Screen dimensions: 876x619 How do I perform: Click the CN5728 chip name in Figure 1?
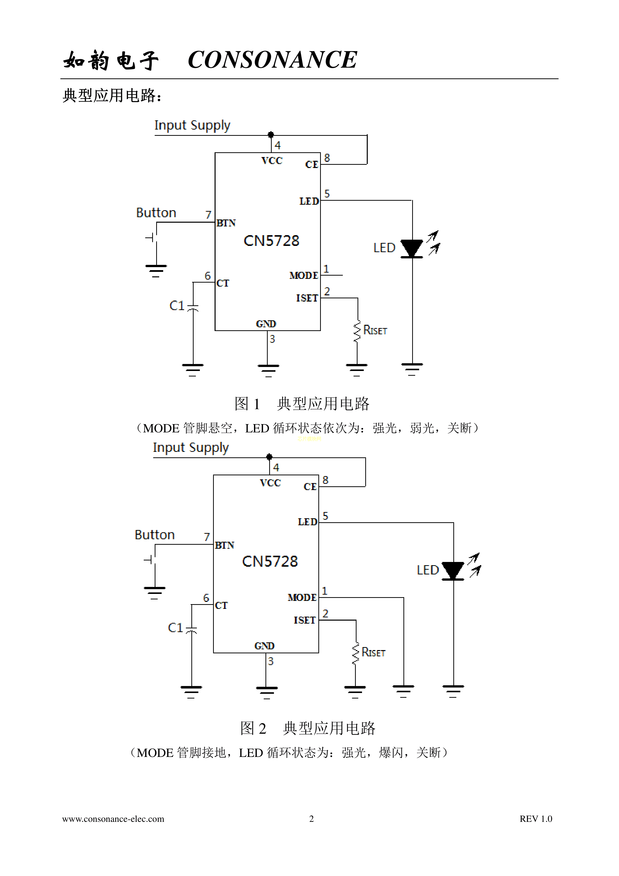(271, 241)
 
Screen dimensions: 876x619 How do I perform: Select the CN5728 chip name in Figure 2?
(270, 561)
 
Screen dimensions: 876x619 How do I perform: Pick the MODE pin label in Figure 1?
(304, 275)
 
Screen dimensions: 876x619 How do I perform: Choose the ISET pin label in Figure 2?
(304, 620)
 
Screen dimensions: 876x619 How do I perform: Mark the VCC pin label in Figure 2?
(270, 483)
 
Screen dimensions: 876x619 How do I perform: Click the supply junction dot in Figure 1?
(271, 135)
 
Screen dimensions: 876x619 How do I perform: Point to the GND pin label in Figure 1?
(266, 324)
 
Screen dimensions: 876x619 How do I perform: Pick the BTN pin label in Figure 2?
(224, 545)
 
